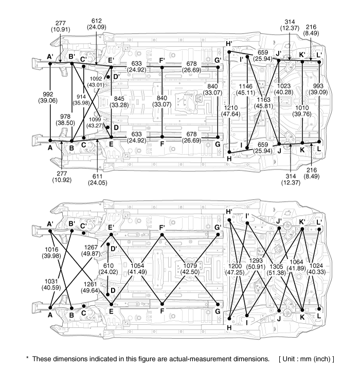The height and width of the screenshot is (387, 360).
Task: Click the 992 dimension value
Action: (48, 94)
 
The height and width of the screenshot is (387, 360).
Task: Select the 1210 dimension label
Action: (231, 108)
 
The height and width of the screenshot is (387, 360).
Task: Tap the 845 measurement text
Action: (119, 99)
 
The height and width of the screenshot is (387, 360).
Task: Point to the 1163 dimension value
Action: (264, 99)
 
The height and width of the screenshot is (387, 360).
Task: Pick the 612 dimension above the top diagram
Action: (96, 21)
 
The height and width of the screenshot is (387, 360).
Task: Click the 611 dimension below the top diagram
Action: (97, 177)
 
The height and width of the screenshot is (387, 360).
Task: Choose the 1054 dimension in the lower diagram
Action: (137, 266)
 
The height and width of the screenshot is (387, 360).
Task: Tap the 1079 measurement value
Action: (190, 266)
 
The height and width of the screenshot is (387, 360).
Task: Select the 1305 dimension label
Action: (276, 266)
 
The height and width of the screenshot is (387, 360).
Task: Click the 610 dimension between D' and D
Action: (108, 266)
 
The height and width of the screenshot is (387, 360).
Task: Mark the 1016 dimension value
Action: (51, 250)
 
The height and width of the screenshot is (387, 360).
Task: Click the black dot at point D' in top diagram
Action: (108, 77)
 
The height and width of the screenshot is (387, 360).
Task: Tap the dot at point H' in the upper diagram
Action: (229, 52)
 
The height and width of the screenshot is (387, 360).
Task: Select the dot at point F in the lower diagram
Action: (162, 304)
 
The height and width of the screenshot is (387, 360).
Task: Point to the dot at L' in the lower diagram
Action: (319, 230)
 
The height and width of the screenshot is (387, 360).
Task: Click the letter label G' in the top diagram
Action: (218, 60)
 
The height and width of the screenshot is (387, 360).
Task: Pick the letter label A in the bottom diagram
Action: (50, 315)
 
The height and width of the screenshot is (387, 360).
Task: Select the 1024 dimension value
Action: (316, 266)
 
